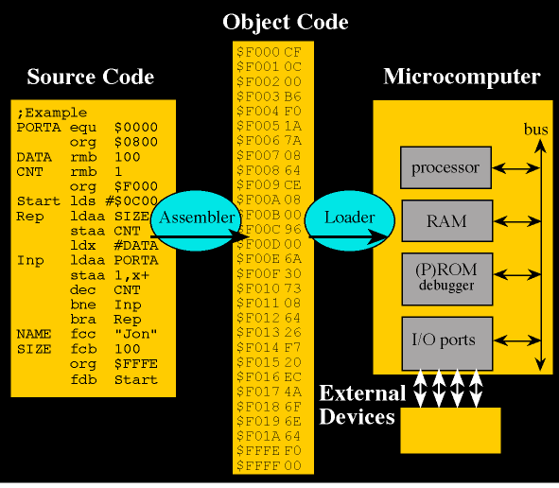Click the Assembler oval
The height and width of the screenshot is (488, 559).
(x=196, y=218)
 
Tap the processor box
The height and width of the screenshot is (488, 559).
(x=445, y=169)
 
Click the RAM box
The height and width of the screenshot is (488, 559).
(x=445, y=222)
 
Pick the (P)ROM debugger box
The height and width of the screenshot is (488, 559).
(x=445, y=277)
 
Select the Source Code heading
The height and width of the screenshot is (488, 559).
(x=90, y=77)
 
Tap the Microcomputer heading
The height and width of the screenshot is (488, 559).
(x=462, y=77)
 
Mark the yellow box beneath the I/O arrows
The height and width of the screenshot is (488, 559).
(x=450, y=431)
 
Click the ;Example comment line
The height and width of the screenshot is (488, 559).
(x=52, y=113)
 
